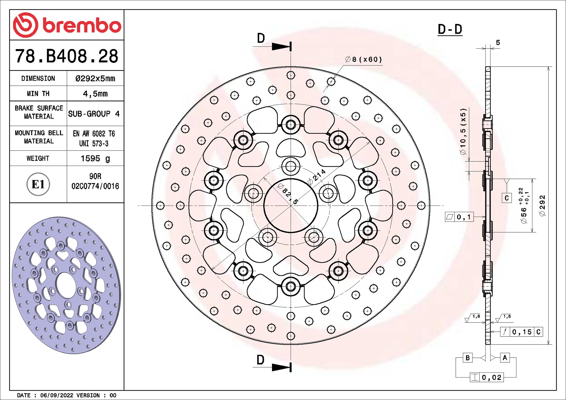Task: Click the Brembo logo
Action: (x=67, y=25)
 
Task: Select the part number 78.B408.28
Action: (x=67, y=56)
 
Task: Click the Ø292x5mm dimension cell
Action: (x=95, y=79)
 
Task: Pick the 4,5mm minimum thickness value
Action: (x=95, y=94)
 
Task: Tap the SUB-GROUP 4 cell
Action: (x=94, y=114)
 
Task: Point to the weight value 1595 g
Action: (x=95, y=158)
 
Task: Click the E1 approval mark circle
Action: (x=38, y=184)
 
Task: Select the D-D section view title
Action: (x=450, y=29)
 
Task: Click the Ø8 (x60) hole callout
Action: (x=363, y=60)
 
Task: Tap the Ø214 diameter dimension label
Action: (x=317, y=177)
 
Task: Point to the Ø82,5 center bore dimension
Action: (x=288, y=194)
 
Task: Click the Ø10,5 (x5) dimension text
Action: (x=463, y=131)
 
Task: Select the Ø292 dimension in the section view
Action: (x=542, y=206)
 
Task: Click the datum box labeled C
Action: (x=506, y=198)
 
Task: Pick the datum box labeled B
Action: (x=467, y=358)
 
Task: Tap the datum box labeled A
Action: (x=505, y=358)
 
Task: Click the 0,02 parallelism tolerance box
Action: (x=487, y=377)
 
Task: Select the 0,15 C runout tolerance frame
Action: (x=521, y=332)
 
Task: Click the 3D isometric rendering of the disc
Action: (x=66, y=285)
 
